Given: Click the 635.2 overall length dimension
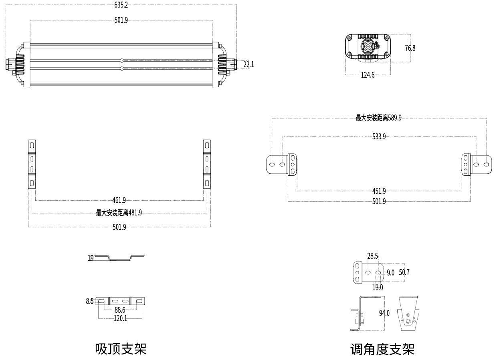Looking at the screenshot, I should point(121,5).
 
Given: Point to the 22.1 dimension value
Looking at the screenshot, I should point(248,64).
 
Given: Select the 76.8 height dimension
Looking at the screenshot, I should point(410,48).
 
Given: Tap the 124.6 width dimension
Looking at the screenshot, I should point(368,75).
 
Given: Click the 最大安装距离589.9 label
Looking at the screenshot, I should point(378,118).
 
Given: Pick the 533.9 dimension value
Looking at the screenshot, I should point(379,137).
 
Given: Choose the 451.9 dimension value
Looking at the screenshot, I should point(379,191).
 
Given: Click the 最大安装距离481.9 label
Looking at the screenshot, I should point(119,213).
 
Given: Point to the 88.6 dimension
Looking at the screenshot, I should point(119,310).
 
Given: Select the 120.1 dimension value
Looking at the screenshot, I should point(119,318).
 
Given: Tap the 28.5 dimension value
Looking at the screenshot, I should point(372,256).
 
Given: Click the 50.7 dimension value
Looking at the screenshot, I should point(404,273).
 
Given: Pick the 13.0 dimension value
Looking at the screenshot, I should point(378,287).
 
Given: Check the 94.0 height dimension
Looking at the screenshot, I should point(384,313).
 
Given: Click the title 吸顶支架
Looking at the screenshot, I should point(121,348).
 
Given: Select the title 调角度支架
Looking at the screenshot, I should point(382,349).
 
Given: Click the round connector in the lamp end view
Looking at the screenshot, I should point(367,46).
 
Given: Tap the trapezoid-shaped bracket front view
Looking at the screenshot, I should point(408,314).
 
